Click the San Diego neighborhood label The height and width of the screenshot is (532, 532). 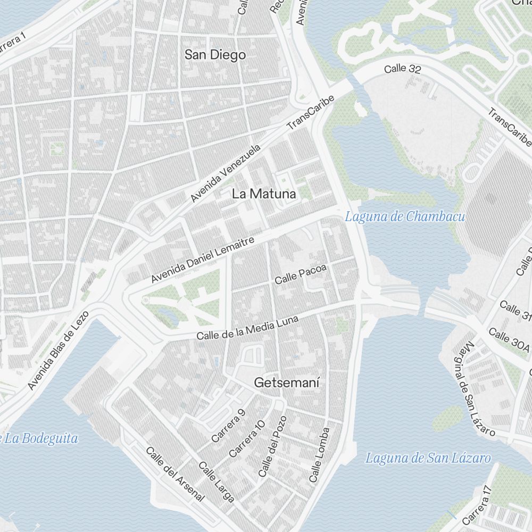coord(215,55)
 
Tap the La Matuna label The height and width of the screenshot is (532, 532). coord(264,195)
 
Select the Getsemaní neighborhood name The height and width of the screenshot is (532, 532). coord(287,383)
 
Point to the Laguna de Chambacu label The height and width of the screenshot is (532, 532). coord(405,217)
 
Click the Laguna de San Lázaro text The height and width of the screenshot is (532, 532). coord(428,458)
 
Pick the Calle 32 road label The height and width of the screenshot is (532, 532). coord(403,69)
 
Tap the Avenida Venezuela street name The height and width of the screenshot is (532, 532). coord(226,173)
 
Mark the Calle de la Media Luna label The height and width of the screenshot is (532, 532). coord(247,327)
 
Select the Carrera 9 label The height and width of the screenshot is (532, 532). coord(228,426)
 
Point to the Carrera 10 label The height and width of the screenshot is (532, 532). coord(246,439)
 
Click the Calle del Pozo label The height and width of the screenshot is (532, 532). coord(272,446)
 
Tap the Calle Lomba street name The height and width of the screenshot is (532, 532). coord(319,455)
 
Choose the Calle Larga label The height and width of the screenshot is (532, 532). coord(217,482)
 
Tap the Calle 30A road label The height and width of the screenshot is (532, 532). coord(509,341)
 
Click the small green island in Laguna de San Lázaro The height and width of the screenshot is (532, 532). coord(448,418)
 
